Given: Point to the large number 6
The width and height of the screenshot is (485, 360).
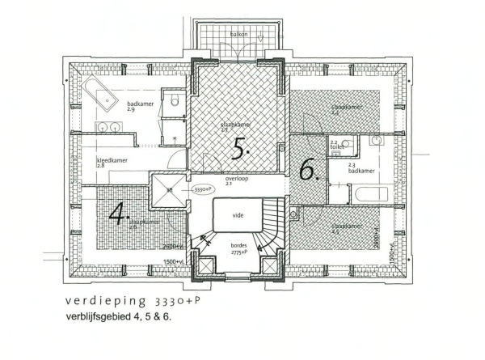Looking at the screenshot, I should [307, 169].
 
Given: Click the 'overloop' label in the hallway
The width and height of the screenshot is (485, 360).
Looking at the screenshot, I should [235, 180].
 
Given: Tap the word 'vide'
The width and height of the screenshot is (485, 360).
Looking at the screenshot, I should [238, 216].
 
